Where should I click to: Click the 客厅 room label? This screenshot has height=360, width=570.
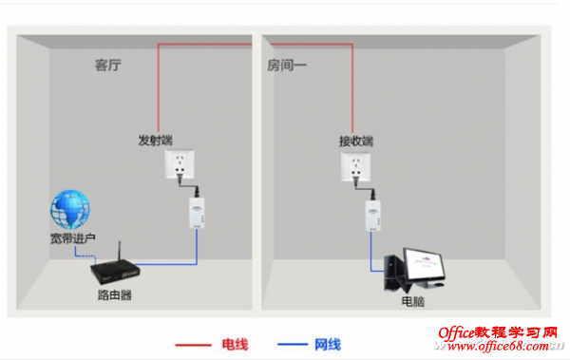pyautogui.click(x=107, y=66)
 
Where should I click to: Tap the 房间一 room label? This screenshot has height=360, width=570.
pyautogui.click(x=287, y=66)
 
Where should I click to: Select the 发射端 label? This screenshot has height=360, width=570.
pyautogui.click(x=155, y=140)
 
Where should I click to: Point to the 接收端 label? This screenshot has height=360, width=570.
pyautogui.click(x=356, y=141)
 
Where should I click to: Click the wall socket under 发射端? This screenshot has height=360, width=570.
pyautogui.click(x=180, y=164)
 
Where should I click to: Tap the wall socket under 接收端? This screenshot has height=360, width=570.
pyautogui.click(x=355, y=166)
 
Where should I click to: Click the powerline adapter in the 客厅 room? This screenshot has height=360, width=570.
pyautogui.click(x=197, y=213)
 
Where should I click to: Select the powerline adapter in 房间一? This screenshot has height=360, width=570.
pyautogui.click(x=373, y=216)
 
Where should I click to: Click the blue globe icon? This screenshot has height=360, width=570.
pyautogui.click(x=70, y=209)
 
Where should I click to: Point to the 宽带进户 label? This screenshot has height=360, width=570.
pyautogui.click(x=73, y=238)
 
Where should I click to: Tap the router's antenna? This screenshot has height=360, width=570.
pyautogui.click(x=120, y=252)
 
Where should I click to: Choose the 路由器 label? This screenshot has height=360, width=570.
pyautogui.click(x=115, y=294)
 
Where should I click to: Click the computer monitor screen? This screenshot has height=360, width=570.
pyautogui.click(x=425, y=264)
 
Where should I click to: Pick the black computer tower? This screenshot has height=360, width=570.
pyautogui.click(x=394, y=274)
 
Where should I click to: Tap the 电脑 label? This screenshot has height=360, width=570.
pyautogui.click(x=412, y=301)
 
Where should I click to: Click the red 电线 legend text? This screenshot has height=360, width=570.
pyautogui.click(x=235, y=345)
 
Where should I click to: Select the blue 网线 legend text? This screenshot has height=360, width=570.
pyautogui.click(x=328, y=345)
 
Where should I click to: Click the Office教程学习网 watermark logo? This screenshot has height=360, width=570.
pyautogui.click(x=498, y=332)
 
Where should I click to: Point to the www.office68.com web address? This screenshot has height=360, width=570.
pyautogui.click(x=499, y=346)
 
